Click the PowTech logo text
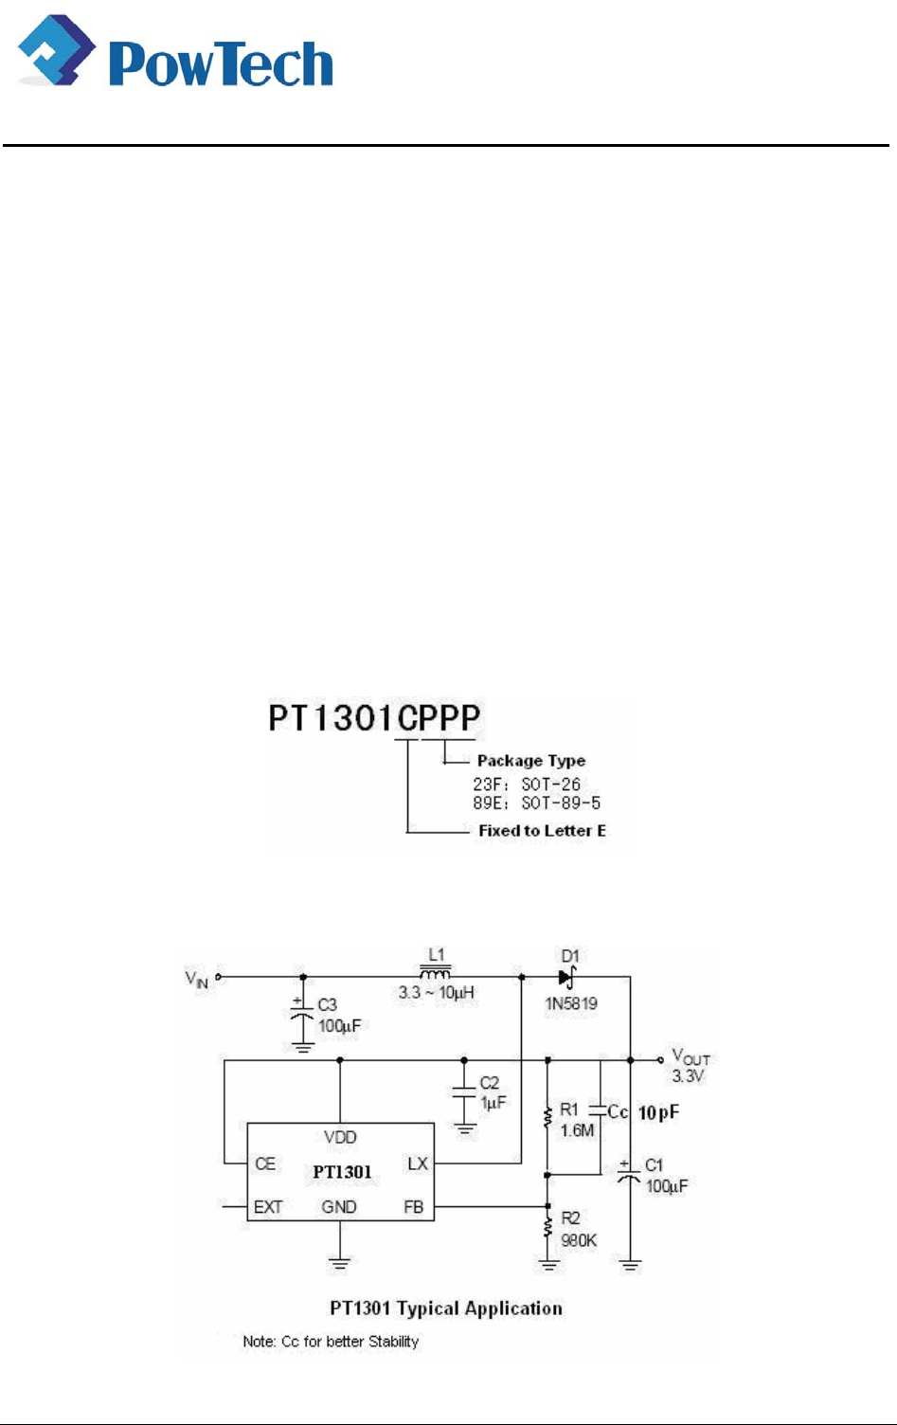tap(222, 64)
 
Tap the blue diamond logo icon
tap(56, 52)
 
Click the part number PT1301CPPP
tap(374, 718)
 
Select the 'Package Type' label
tap(530, 761)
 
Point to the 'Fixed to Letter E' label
tap(542, 831)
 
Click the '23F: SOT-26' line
tap(527, 785)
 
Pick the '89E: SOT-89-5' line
tap(536, 803)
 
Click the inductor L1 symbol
tap(436, 973)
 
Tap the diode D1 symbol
tap(566, 977)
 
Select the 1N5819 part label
tap(570, 1003)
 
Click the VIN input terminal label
tap(197, 979)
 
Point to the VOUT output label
tap(691, 1057)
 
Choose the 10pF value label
tap(658, 1112)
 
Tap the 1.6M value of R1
tap(577, 1130)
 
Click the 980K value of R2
tap(579, 1240)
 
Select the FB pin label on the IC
tap(414, 1207)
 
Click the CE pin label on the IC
tap(265, 1163)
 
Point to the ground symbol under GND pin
tap(339, 1262)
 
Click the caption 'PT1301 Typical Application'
tap(446, 1308)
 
